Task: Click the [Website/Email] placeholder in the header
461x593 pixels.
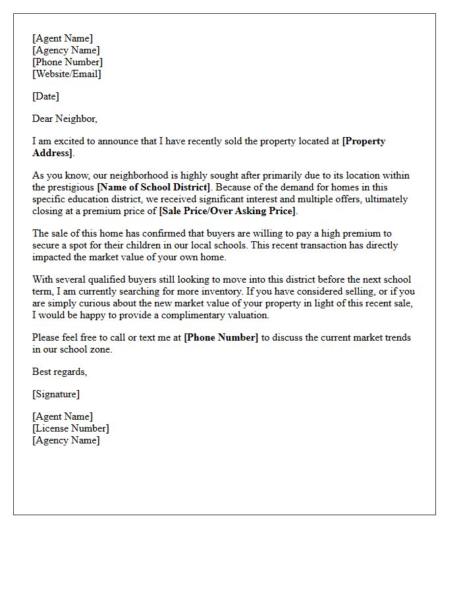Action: click(x=67, y=74)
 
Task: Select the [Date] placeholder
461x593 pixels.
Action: click(x=45, y=96)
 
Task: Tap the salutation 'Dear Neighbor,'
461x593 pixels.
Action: click(x=65, y=119)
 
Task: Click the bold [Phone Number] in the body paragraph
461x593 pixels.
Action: click(x=221, y=337)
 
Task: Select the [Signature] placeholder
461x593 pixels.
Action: click(x=56, y=394)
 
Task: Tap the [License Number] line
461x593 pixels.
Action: click(x=70, y=428)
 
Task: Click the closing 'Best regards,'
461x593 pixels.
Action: click(x=59, y=372)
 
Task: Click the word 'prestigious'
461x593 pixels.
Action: click(x=71, y=187)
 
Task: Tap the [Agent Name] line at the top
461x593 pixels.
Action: click(x=63, y=38)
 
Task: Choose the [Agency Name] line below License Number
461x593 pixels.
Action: click(x=66, y=440)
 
